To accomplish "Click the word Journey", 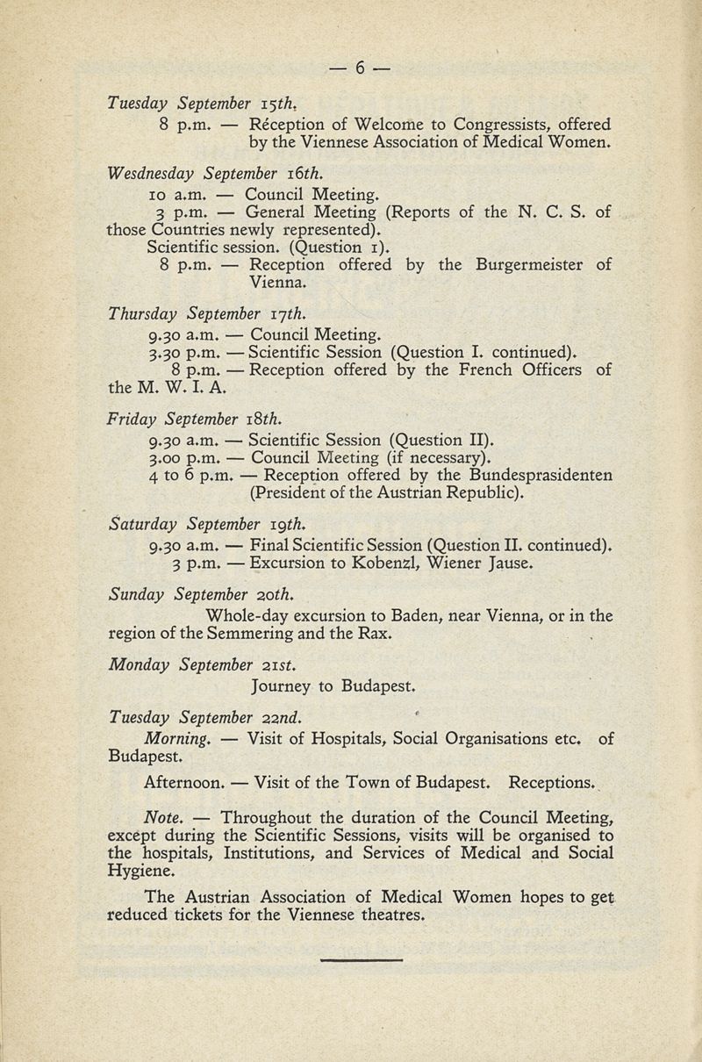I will [286, 684].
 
